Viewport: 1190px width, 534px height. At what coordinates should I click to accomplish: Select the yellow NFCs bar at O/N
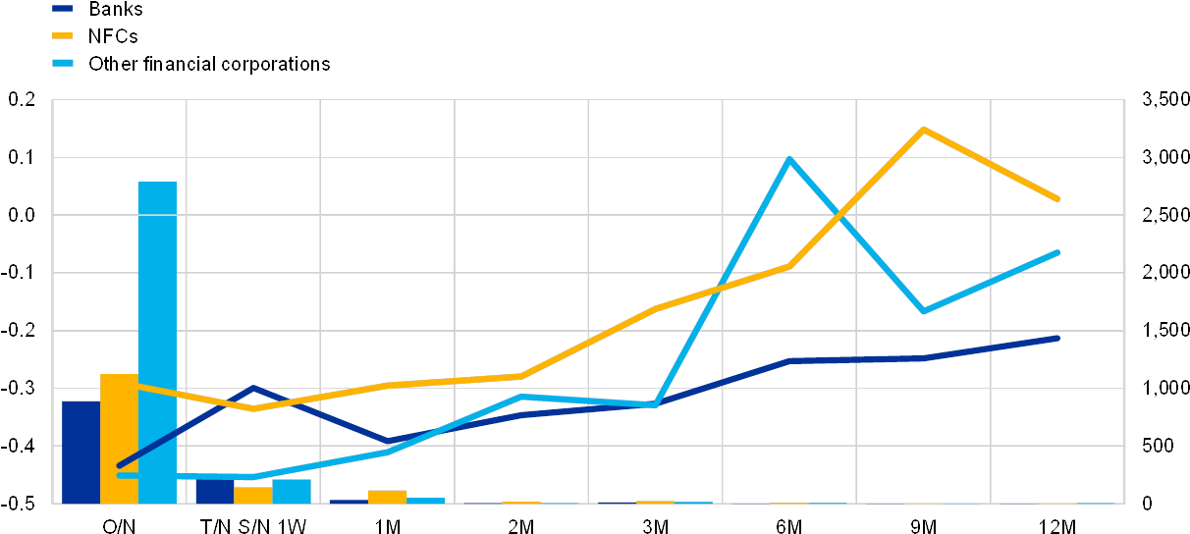click(119, 438)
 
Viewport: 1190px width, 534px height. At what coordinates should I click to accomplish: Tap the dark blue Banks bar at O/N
click(81, 452)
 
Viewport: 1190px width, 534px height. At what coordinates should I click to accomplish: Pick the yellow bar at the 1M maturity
click(387, 496)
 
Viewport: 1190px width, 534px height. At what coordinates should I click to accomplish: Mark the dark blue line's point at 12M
click(1057, 338)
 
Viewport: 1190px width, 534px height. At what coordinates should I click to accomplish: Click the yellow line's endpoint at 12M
click(1057, 199)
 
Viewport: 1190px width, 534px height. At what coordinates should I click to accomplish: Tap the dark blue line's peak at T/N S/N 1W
click(253, 388)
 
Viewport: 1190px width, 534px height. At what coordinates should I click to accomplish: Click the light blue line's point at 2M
click(521, 397)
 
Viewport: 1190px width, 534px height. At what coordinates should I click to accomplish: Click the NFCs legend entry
click(110, 36)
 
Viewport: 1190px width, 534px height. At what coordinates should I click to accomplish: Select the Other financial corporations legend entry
click(208, 64)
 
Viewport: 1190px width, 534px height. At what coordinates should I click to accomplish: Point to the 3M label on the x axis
click(655, 525)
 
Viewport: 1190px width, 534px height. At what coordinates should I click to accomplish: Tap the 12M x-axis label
click(1056, 525)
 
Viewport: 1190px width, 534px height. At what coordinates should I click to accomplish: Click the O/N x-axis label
click(119, 525)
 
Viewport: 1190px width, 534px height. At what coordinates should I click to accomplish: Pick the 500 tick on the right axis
click(1158, 446)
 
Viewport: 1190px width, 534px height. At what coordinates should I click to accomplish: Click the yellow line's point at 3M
click(655, 308)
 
